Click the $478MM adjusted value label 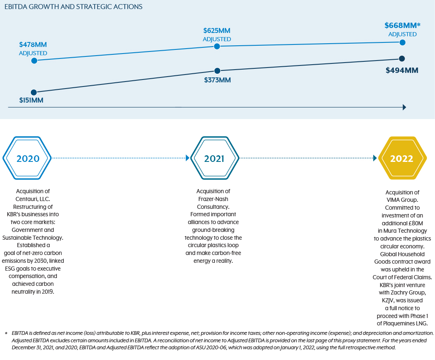33,45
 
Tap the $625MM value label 216,31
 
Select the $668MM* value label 402,26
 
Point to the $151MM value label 31,100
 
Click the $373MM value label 217,80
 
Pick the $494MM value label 402,70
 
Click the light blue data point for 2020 34,61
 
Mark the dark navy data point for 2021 217,71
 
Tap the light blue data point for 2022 402,42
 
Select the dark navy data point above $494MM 402,58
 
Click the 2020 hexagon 28,159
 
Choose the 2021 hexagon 214,159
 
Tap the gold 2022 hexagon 402,159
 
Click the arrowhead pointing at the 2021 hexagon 188,158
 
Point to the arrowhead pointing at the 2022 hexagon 375,158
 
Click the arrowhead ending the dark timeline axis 404,107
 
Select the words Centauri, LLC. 33,199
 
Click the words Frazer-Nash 213,199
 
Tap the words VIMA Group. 402,200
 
